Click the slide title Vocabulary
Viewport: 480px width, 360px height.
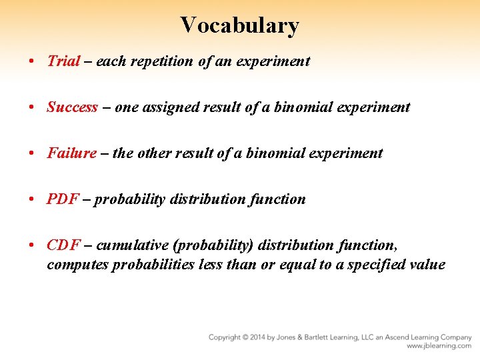tap(239, 25)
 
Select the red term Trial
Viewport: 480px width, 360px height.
tap(63, 61)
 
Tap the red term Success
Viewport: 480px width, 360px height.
tap(72, 107)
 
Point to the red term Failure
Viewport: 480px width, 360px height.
tap(71, 153)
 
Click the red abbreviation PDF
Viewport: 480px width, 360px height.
tap(63, 199)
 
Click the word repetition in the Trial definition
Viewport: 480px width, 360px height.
tap(166, 61)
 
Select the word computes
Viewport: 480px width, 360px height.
tap(77, 265)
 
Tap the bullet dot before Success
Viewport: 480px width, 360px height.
tap(31, 107)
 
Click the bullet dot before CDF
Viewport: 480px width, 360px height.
tap(31, 245)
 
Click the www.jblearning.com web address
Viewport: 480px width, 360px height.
tap(439, 346)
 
